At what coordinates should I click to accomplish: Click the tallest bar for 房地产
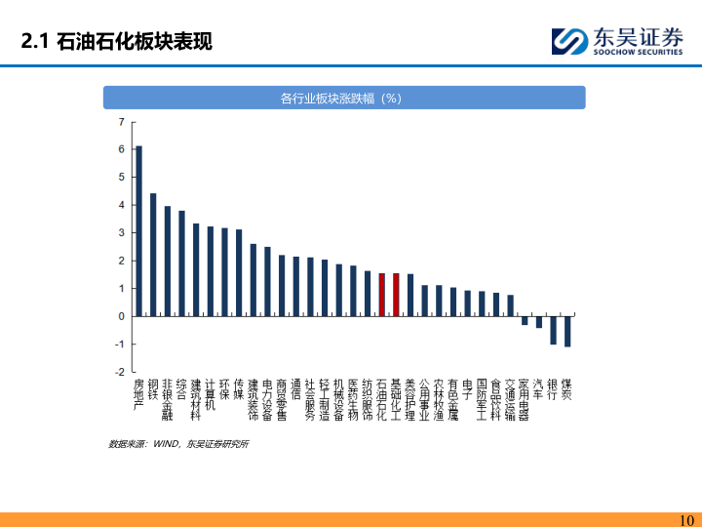(x=138, y=231)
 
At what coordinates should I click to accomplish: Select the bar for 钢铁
(x=153, y=255)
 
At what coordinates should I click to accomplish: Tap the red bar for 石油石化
(x=382, y=295)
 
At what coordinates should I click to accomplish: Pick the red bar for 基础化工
(x=396, y=295)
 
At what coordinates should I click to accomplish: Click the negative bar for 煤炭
(x=567, y=332)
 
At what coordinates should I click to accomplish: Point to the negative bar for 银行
(x=553, y=330)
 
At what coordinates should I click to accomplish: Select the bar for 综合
(x=181, y=263)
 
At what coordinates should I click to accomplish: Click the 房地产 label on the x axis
(x=138, y=394)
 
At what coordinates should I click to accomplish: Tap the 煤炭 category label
(x=567, y=389)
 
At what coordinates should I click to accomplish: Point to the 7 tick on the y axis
(x=122, y=122)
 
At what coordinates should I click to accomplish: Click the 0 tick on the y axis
(x=122, y=316)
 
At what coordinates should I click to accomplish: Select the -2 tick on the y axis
(x=120, y=372)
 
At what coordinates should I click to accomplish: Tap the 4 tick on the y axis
(x=122, y=205)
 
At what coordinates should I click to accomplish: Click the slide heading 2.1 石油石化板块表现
(x=117, y=42)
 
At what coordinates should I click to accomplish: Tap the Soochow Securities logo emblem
(x=568, y=42)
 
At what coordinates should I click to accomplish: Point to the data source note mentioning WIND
(x=178, y=444)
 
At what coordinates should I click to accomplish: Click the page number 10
(x=685, y=519)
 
